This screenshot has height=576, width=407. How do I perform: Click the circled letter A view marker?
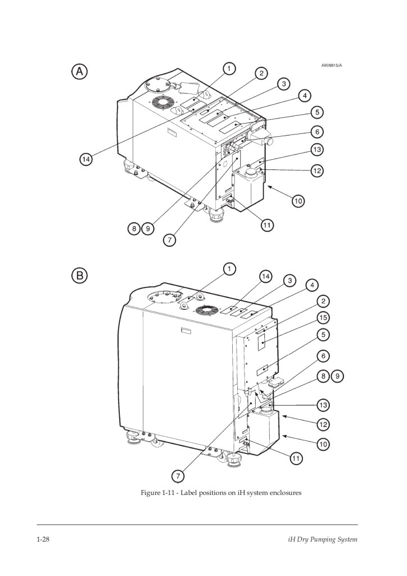[80, 71]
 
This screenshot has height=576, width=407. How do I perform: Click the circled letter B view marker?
[80, 275]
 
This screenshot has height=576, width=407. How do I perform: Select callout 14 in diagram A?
[86, 159]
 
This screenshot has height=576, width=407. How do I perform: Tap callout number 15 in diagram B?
[323, 318]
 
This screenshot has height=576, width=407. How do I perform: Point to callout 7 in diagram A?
[169, 240]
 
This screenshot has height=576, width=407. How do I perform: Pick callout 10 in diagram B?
[323, 444]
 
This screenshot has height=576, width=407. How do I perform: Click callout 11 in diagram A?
[267, 225]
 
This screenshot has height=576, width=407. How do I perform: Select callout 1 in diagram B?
[229, 269]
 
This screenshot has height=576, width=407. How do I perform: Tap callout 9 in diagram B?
[337, 376]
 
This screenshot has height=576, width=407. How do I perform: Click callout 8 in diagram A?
[134, 229]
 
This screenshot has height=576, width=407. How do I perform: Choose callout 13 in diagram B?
[323, 405]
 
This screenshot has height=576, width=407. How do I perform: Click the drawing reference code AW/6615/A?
[332, 65]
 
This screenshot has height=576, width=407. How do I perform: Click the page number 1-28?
[43, 539]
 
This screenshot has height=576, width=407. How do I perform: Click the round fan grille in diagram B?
[205, 310]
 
